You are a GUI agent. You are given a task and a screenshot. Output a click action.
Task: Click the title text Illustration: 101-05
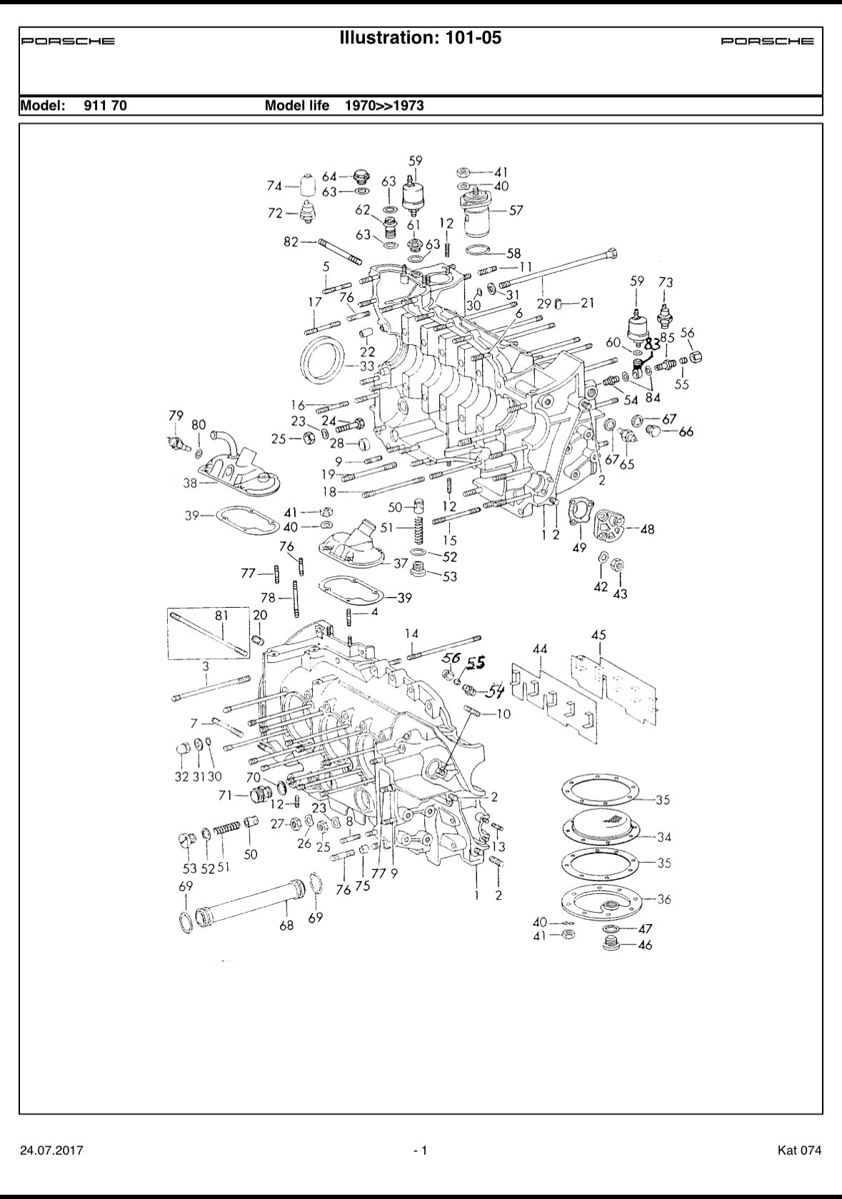[421, 38]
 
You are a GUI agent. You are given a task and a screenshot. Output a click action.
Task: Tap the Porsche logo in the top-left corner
[68, 41]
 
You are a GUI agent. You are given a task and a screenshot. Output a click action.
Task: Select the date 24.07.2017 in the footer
[51, 1150]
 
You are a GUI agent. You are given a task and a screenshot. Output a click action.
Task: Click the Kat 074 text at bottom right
[799, 1150]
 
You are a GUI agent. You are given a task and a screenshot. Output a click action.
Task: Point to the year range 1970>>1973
[384, 106]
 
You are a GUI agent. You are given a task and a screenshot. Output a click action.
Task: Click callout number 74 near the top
[274, 186]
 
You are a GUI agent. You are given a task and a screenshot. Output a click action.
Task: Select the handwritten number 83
[652, 343]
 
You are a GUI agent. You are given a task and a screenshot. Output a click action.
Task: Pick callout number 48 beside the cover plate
[647, 529]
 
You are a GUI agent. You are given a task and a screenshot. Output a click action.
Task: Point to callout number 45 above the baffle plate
[598, 635]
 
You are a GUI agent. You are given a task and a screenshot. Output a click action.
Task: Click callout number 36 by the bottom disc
[663, 899]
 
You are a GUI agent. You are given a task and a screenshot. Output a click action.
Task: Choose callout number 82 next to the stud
[291, 242]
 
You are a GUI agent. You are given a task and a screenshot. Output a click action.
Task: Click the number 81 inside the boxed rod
[222, 615]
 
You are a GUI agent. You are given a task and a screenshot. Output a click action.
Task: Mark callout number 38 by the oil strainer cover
[190, 483]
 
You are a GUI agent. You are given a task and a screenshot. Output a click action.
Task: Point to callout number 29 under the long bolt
[544, 303]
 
